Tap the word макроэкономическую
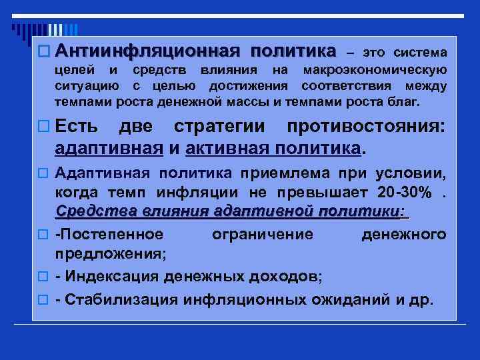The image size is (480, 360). (x=375, y=70)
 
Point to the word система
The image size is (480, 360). (x=421, y=52)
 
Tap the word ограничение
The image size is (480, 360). (x=261, y=235)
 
